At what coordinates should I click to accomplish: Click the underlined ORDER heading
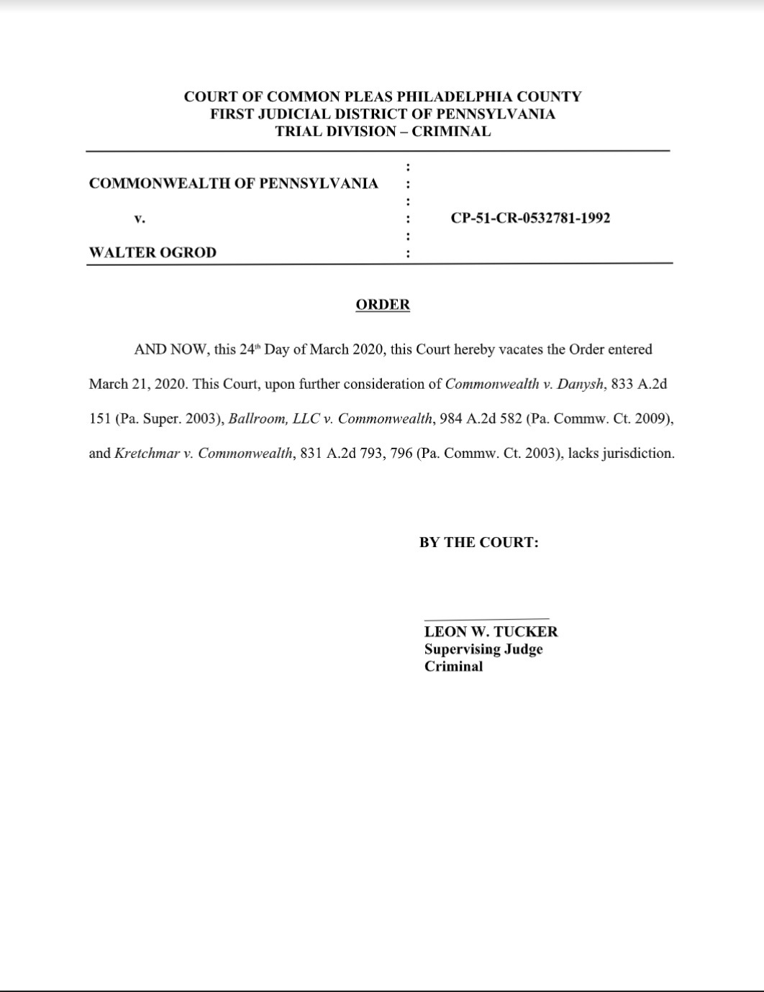(383, 305)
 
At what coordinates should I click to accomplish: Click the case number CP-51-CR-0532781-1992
(530, 218)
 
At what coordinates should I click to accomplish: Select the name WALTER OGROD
(153, 252)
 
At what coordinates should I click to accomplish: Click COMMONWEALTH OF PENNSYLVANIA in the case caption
(233, 183)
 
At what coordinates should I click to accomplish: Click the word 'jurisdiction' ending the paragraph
(638, 454)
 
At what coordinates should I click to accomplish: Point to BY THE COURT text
(479, 543)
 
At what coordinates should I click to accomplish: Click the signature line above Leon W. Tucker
(486, 618)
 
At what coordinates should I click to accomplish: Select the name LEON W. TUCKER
(491, 632)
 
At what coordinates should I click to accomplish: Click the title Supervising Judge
(483, 649)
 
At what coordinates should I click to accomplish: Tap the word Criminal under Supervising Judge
(453, 666)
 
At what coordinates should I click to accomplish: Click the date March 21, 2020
(137, 384)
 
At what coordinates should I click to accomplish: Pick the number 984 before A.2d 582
(450, 418)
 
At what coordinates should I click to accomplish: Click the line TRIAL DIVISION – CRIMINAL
(383, 132)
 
